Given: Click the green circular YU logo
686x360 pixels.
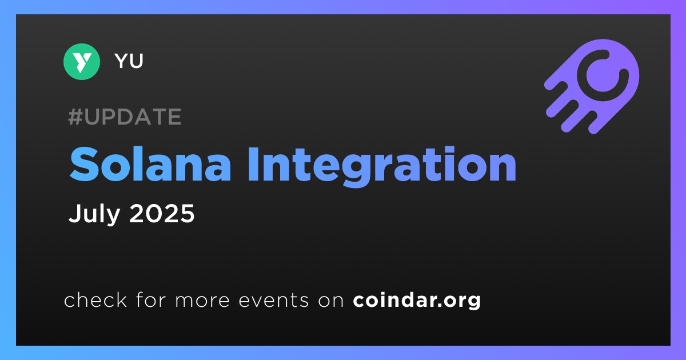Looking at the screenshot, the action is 81,62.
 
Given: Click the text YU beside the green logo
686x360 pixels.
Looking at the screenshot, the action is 129,61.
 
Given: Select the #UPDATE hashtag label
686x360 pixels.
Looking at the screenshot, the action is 125,117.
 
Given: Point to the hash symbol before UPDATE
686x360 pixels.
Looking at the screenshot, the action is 75,117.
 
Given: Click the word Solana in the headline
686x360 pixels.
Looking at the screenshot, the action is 150,165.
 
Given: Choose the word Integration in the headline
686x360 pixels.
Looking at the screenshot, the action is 382,167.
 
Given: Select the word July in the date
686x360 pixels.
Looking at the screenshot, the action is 94,214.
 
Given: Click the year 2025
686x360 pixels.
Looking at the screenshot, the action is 162,213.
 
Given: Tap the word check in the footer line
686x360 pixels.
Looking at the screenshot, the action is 95,299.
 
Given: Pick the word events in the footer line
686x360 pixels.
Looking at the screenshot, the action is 274,300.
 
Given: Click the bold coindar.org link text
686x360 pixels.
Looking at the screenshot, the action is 417,301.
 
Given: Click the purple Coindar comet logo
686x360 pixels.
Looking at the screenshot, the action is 592,87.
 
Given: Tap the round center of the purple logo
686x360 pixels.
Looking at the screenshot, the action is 601,75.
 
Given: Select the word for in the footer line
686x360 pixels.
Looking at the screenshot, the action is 151,299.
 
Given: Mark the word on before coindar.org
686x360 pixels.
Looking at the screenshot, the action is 331,301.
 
